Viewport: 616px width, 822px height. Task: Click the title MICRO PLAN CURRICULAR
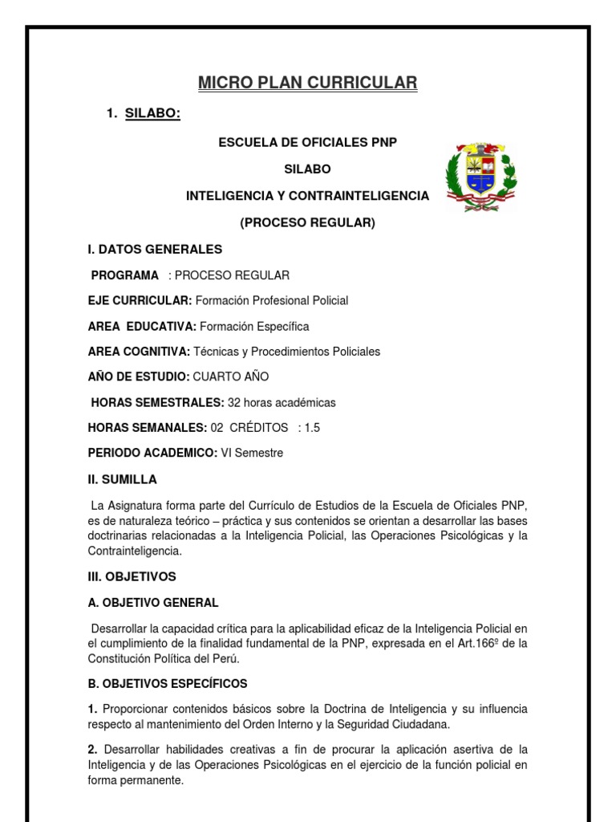point(308,83)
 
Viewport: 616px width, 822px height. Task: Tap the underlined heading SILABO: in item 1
point(152,114)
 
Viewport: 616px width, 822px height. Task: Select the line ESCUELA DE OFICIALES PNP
point(308,142)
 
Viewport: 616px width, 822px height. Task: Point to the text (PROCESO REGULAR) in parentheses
point(308,222)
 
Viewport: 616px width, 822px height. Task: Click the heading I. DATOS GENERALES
point(155,249)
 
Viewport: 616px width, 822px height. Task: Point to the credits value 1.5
point(311,428)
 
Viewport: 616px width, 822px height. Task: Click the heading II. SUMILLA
point(123,479)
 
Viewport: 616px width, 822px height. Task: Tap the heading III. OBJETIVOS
point(132,576)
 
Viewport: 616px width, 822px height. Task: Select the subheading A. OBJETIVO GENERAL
point(152,602)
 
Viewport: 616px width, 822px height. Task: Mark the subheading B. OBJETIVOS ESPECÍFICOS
point(168,684)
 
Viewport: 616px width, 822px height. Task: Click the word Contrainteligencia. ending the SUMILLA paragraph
point(135,551)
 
